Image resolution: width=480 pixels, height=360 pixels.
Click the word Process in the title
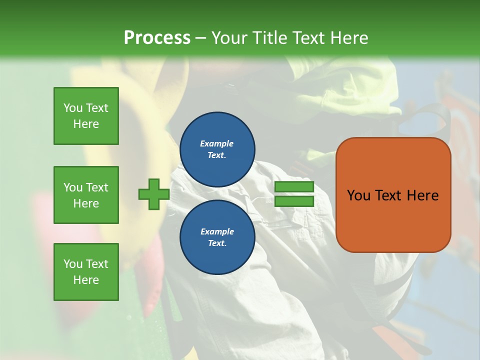point(157,38)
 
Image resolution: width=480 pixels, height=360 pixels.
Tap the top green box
point(86,116)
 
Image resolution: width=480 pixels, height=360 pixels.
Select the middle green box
point(86,195)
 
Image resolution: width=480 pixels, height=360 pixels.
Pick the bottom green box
point(86,272)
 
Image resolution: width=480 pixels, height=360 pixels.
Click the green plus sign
point(153,194)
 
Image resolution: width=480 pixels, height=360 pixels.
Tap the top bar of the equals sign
point(294,187)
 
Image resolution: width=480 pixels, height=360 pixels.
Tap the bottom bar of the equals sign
point(294,201)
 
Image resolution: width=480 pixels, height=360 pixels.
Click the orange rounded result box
point(393,220)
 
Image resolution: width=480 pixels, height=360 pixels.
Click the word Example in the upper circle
point(217,143)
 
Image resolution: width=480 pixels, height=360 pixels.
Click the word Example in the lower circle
point(217,231)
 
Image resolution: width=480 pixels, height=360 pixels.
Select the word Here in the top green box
point(86,124)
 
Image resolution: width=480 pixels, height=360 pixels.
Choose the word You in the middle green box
point(72,187)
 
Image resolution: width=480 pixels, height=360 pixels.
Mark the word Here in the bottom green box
point(86,280)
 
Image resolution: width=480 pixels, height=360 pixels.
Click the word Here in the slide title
point(349,38)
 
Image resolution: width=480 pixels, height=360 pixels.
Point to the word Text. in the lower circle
point(217,243)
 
